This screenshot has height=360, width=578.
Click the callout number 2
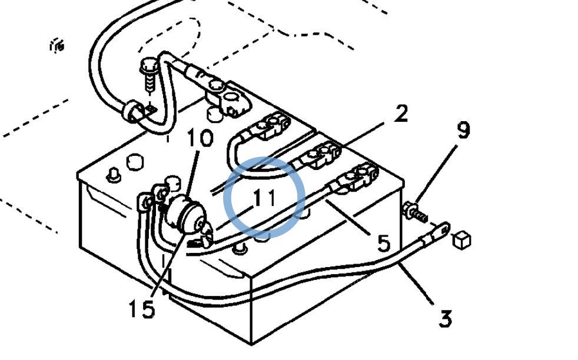[x=400, y=114]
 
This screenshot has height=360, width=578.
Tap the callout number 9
[x=464, y=131]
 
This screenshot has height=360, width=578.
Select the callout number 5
[x=383, y=242]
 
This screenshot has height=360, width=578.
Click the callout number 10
[x=200, y=139]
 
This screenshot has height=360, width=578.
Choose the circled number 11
[x=265, y=198]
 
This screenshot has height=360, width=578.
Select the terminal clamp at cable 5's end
[x=359, y=179]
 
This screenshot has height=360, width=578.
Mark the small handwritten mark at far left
[x=57, y=46]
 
